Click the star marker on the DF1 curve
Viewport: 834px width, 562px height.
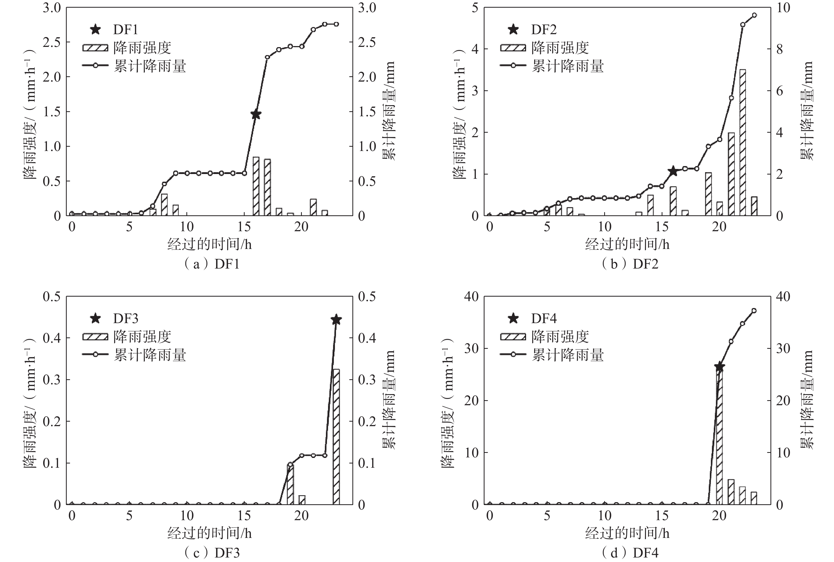(x=256, y=115)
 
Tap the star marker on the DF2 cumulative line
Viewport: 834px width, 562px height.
(x=673, y=171)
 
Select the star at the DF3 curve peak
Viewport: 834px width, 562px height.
(x=336, y=319)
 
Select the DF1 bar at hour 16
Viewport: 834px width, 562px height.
(x=256, y=186)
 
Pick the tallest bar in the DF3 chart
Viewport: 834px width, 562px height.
(x=336, y=436)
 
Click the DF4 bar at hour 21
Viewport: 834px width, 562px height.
(x=731, y=492)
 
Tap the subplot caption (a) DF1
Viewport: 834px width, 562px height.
(x=211, y=264)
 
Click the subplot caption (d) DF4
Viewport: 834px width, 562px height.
(x=629, y=553)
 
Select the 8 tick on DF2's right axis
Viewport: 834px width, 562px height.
(x=779, y=49)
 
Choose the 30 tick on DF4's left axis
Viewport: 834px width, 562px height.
(x=471, y=348)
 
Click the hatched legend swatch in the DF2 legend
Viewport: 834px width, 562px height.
(x=513, y=48)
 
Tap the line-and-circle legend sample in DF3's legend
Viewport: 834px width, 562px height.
(x=95, y=354)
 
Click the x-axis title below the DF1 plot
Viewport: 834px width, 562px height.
(x=210, y=244)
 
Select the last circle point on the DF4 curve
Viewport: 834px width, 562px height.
(x=754, y=311)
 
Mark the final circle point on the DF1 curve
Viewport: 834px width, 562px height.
(x=336, y=24)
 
